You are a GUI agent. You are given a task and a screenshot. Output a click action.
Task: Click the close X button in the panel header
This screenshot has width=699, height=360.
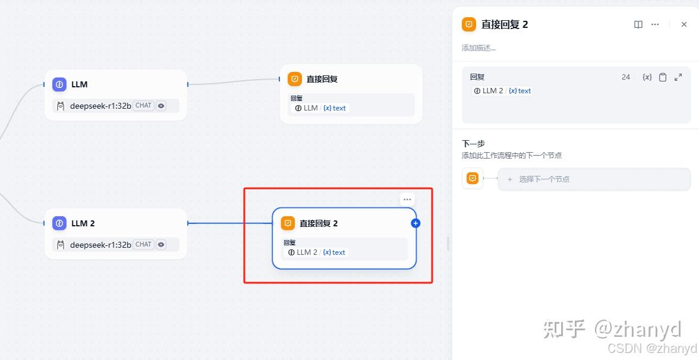pos(684,24)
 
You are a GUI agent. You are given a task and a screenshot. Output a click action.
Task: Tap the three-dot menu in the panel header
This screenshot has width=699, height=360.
pos(655,24)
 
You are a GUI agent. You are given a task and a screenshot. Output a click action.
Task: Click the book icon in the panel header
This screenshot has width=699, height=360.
pos(638,24)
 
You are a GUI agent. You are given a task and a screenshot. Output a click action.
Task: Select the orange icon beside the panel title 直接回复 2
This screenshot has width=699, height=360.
pos(469,24)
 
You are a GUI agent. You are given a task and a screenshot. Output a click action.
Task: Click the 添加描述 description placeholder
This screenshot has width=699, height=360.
pos(479,48)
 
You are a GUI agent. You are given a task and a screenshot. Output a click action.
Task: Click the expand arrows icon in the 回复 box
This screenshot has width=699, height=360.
pos(678,77)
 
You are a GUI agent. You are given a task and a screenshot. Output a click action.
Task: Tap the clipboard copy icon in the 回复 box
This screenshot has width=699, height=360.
pos(663,77)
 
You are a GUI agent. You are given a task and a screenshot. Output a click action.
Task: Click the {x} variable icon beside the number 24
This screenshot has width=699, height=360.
pos(647,77)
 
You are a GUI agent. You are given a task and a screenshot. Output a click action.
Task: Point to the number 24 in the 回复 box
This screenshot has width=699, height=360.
pos(626,77)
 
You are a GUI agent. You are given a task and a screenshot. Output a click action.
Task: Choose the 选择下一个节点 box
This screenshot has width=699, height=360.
pos(594,179)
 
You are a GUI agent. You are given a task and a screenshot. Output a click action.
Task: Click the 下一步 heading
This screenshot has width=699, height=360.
pos(473,144)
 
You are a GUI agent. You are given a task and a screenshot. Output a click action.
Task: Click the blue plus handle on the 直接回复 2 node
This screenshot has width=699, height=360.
pos(415,223)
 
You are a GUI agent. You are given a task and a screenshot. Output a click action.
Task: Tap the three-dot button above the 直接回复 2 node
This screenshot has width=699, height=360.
pos(407,200)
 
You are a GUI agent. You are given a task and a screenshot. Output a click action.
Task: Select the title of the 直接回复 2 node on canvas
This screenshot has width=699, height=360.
pos(319,223)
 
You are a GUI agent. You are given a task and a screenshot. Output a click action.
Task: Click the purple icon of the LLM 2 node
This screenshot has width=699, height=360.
pos(59,223)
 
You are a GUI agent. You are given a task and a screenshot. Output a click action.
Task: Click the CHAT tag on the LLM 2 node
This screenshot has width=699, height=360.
pos(143,244)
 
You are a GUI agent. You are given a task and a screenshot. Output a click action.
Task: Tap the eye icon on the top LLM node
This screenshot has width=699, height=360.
pos(161,106)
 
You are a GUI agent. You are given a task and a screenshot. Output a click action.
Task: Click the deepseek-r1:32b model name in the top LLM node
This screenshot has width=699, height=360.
pos(100,106)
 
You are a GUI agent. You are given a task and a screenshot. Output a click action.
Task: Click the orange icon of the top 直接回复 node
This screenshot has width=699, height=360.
pos(295,79)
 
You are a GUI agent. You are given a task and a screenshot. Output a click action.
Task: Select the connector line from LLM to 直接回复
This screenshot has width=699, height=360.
pos(234,83)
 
